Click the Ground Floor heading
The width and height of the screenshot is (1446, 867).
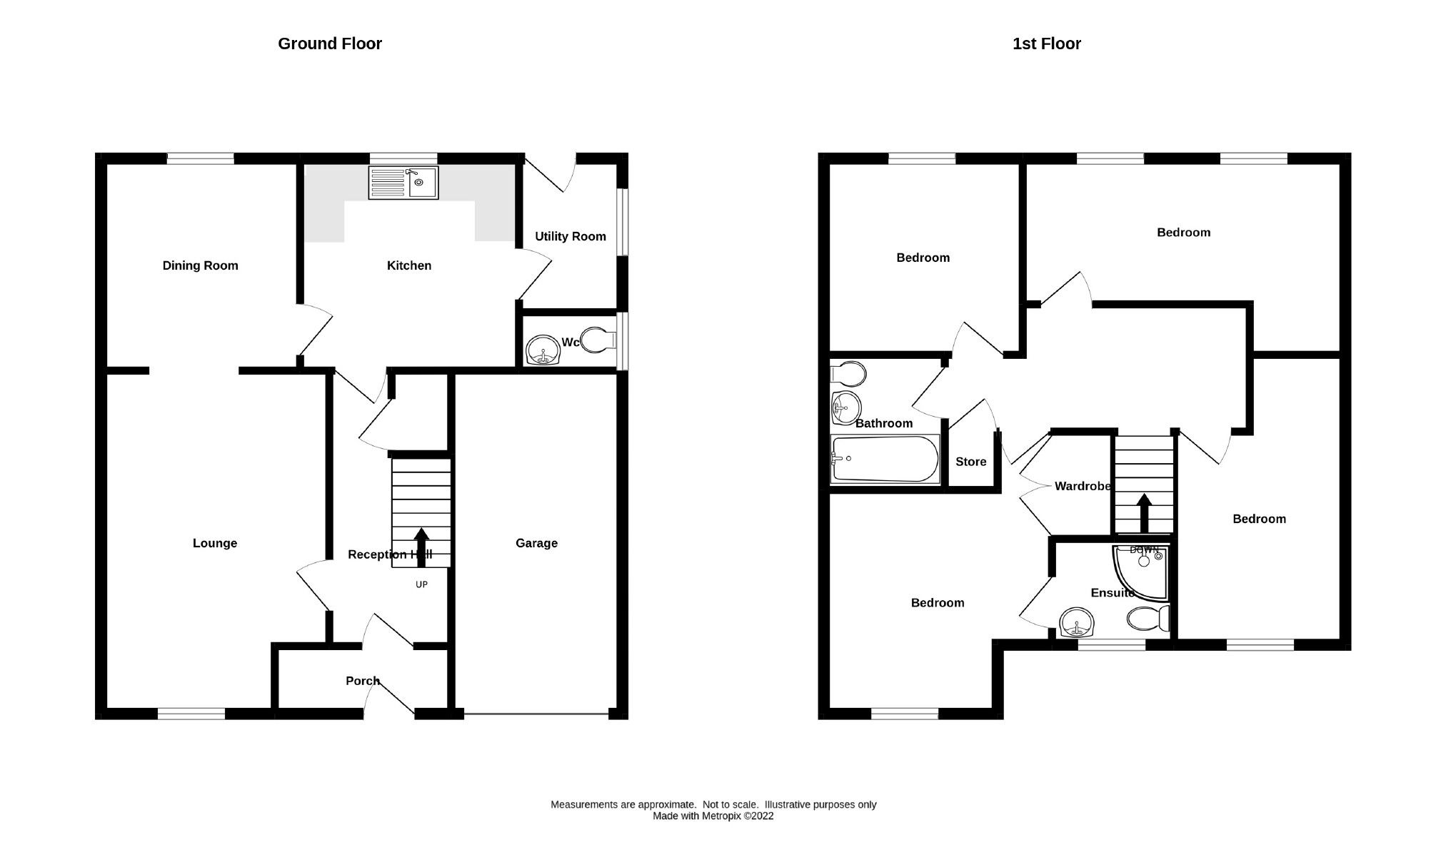pyautogui.click(x=329, y=44)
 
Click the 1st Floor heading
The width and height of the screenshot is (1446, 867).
pyautogui.click(x=1046, y=44)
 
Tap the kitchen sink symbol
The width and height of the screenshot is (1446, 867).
pyautogui.click(x=403, y=183)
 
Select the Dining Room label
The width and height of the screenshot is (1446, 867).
pyautogui.click(x=200, y=265)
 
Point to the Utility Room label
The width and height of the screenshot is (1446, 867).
pyautogui.click(x=570, y=236)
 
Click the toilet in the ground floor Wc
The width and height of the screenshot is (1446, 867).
pyautogui.click(x=598, y=340)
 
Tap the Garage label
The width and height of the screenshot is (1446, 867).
pyautogui.click(x=536, y=543)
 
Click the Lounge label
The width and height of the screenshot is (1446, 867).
pyautogui.click(x=214, y=543)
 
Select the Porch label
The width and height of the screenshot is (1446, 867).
pyautogui.click(x=362, y=681)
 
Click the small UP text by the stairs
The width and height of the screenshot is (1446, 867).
pyautogui.click(x=421, y=584)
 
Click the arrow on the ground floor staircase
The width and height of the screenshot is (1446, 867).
pyautogui.click(x=421, y=547)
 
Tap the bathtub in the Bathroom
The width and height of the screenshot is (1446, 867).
pyautogui.click(x=884, y=459)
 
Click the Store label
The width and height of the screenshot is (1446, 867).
pyautogui.click(x=970, y=462)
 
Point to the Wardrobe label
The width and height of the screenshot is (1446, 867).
pyautogui.click(x=1082, y=486)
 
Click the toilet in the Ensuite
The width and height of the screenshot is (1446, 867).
pyautogui.click(x=1148, y=618)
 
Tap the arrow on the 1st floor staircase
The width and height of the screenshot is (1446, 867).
pyautogui.click(x=1144, y=512)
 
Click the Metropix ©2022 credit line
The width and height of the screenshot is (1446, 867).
pyautogui.click(x=713, y=816)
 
